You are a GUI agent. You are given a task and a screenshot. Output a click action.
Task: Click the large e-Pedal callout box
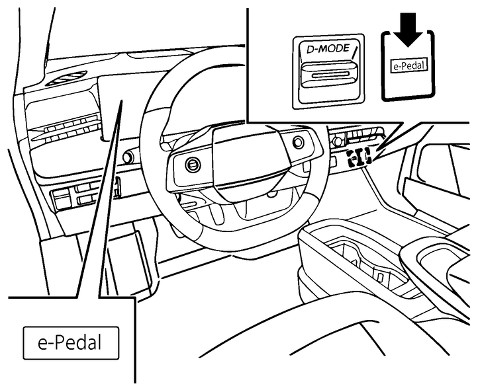click(x=71, y=344)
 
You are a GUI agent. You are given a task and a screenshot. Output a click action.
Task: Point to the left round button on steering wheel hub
click(x=192, y=165)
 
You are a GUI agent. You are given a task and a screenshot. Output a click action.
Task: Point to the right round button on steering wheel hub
click(x=297, y=142)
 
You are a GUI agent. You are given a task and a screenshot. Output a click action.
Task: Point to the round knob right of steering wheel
click(x=338, y=140)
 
